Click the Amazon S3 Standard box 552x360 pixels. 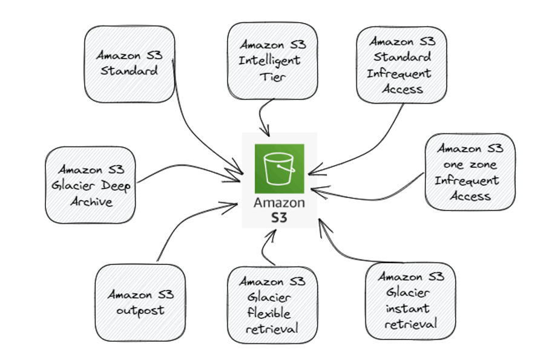pyautogui.click(x=129, y=63)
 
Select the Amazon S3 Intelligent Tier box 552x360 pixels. pyautogui.click(x=272, y=61)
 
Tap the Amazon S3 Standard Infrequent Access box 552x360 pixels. pyautogui.click(x=401, y=65)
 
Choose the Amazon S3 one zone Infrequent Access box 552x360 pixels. pyautogui.click(x=470, y=172)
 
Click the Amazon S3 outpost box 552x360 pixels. pyautogui.click(x=140, y=303)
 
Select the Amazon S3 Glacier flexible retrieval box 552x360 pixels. pyautogui.click(x=272, y=305)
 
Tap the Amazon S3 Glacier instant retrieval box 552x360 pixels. pyautogui.click(x=410, y=300)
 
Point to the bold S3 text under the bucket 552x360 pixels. pyautogui.click(x=279, y=216)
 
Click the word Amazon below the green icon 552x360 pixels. pyautogui.click(x=279, y=203)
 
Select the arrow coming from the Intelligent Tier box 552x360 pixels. pyautogui.click(x=261, y=115)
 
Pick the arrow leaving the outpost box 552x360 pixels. pyautogui.click(x=182, y=224)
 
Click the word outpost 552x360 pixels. pyautogui.click(x=140, y=311)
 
